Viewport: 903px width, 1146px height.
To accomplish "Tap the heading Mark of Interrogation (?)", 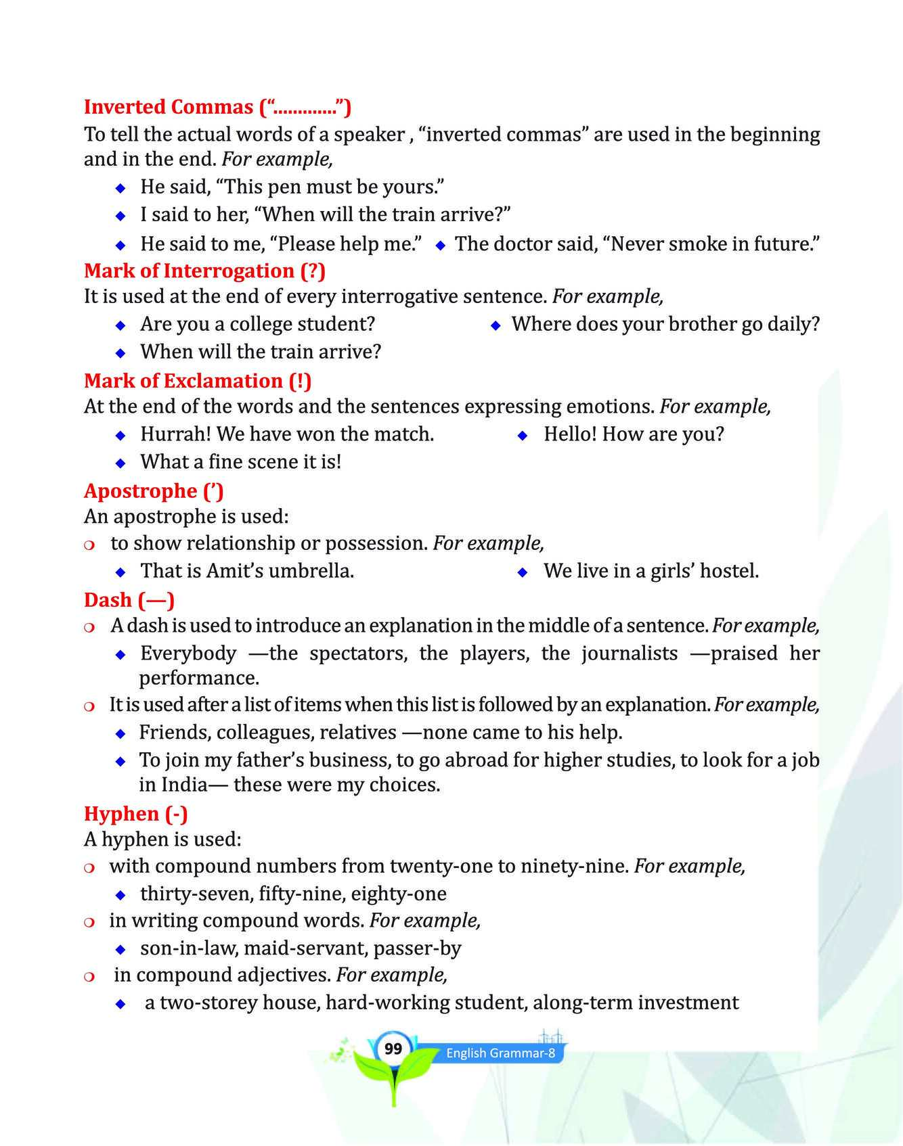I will click(x=204, y=271).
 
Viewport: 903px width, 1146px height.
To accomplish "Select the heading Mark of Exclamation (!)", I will click(x=198, y=381).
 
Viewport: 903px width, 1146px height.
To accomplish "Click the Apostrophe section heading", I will click(x=154, y=490).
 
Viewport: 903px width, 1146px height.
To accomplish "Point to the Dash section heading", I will click(x=129, y=600).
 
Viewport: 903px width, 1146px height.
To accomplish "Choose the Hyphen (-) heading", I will click(x=135, y=813).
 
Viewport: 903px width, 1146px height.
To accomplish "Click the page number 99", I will click(x=393, y=1049).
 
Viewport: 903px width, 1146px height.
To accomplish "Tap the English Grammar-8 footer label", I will click(x=500, y=1053).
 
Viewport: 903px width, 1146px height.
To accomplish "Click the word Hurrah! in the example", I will click(x=169, y=434).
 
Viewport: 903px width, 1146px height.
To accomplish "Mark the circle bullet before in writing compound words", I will click(x=89, y=922).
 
